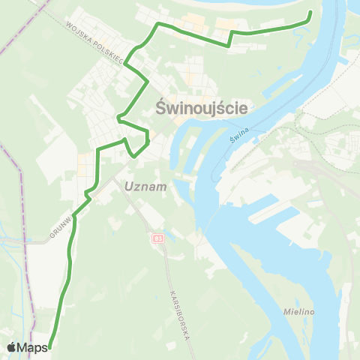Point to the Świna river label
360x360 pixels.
click(x=259, y=135)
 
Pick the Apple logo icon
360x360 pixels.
click(x=12, y=347)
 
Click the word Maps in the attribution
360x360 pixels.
click(x=34, y=347)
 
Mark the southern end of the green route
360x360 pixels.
click(x=53, y=346)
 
